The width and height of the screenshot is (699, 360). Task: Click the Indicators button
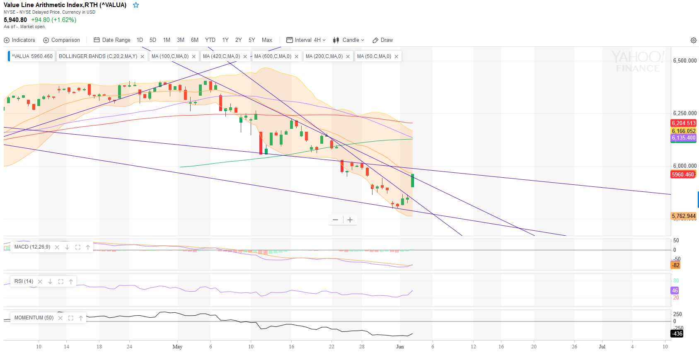click(19, 40)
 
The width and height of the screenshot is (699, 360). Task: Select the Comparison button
click(62, 40)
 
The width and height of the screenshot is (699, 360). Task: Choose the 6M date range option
click(195, 40)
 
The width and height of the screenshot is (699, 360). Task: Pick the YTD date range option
click(210, 40)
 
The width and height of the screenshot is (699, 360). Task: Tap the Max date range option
click(267, 40)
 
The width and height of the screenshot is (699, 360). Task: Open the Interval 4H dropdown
click(306, 40)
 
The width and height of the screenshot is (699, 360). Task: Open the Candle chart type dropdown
click(349, 40)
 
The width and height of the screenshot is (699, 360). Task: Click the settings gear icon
click(693, 40)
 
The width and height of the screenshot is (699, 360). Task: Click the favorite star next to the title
click(136, 5)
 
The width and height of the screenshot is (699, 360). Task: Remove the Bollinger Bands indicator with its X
click(143, 57)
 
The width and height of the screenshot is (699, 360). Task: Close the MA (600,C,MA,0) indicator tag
click(297, 57)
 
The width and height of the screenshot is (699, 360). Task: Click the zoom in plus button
click(350, 220)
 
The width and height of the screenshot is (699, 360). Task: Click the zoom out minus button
click(335, 220)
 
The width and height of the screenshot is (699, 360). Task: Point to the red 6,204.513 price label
click(683, 123)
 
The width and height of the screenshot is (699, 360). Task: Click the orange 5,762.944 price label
click(683, 216)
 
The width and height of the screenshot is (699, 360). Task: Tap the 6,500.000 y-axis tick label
click(684, 60)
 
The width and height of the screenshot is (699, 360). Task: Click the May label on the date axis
click(177, 347)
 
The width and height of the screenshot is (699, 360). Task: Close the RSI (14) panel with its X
click(40, 282)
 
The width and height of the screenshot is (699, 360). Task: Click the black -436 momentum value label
click(677, 333)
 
